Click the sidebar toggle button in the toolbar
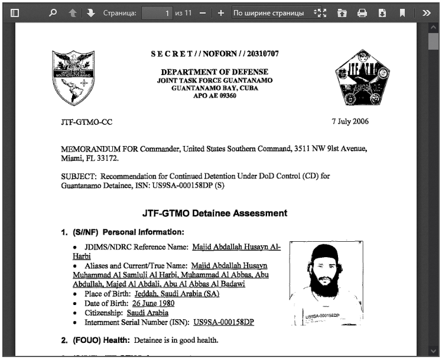coord(15,12)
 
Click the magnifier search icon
coord(53,12)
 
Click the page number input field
coord(157,12)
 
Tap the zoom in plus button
coord(221,12)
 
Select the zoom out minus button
coord(203,12)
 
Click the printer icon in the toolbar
coord(362,12)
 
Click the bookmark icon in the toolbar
coord(402,12)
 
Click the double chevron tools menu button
coord(426,12)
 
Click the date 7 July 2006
coord(350,122)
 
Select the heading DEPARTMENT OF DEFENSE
coord(214,72)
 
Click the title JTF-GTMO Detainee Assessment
coord(214,213)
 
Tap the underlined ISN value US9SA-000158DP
coord(223,322)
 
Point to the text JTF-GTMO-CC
coord(86,122)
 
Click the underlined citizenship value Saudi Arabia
coord(147,313)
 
